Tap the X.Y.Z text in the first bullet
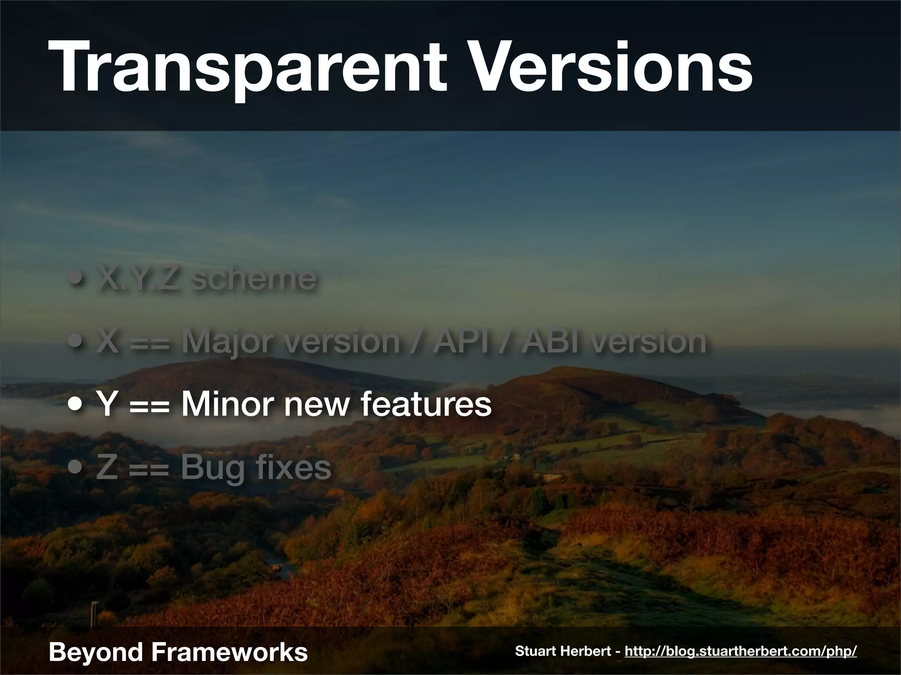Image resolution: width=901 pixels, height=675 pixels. pyautogui.click(x=137, y=278)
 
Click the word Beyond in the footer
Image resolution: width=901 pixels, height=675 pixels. pyautogui.click(x=96, y=653)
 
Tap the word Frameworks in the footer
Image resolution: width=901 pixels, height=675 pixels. pyautogui.click(x=229, y=652)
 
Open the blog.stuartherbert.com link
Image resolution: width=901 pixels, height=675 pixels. pyautogui.click(x=740, y=651)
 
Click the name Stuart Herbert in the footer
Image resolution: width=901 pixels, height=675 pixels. pyautogui.click(x=564, y=651)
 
